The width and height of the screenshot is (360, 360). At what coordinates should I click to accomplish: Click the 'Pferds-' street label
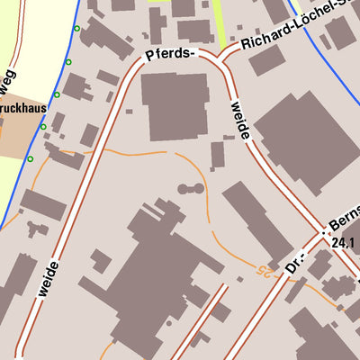(170, 55)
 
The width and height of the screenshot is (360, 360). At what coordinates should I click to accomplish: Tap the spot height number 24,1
(344, 242)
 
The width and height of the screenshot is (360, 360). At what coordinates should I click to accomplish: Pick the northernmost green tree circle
(77, 30)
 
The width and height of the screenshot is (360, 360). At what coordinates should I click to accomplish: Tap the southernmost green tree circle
(30, 159)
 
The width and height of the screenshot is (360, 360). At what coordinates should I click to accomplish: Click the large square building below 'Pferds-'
(175, 106)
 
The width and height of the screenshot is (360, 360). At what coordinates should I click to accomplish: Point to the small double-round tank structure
(189, 190)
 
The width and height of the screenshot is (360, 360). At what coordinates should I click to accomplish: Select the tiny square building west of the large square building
(130, 112)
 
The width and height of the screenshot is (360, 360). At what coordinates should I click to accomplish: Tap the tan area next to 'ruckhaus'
(18, 135)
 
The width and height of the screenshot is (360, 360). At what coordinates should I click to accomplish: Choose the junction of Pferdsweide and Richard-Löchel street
(220, 58)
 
